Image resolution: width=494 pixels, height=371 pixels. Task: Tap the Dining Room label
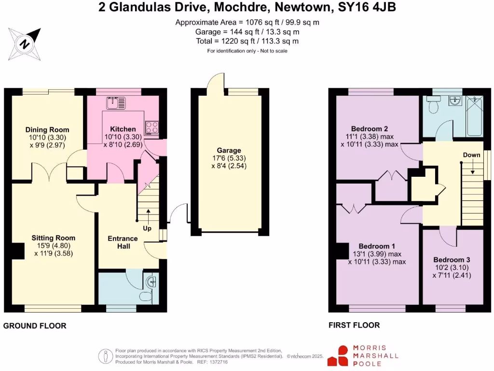[47, 129]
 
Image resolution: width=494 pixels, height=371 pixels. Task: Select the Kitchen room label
[123, 129]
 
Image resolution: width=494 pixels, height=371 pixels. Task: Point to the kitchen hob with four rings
[152, 127]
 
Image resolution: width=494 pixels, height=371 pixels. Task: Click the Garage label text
[229, 150]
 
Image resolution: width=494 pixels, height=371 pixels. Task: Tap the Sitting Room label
[54, 238]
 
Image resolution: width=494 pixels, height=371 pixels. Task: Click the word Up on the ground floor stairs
[147, 228]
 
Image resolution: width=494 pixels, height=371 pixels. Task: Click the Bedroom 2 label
[370, 128]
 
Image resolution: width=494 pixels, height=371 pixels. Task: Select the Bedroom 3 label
[451, 258]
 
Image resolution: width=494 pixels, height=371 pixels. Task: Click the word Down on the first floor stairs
[471, 155]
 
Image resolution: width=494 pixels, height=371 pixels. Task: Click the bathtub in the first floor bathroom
[474, 116]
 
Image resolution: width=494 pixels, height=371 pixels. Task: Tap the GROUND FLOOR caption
[35, 326]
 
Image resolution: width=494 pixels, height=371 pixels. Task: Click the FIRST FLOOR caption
[354, 325]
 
